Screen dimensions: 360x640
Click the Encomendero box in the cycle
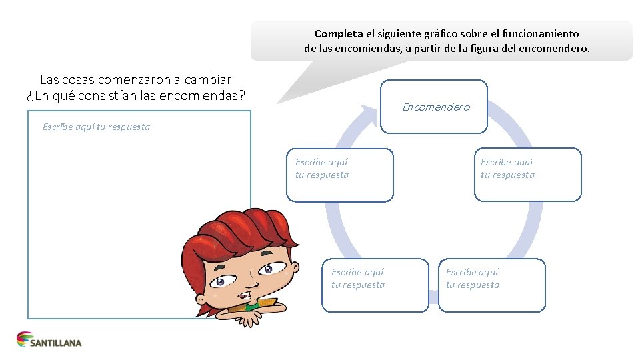coord(434,106)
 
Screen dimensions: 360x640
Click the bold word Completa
coord(339,33)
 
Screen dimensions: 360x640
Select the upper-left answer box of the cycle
coord(339,175)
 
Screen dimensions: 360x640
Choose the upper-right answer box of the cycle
coord(527,175)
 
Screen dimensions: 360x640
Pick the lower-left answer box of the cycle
coord(375,285)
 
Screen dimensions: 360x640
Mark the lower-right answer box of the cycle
coord(491,285)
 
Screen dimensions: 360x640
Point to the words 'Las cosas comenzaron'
coord(100,79)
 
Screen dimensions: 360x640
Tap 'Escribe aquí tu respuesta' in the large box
coord(96,127)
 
